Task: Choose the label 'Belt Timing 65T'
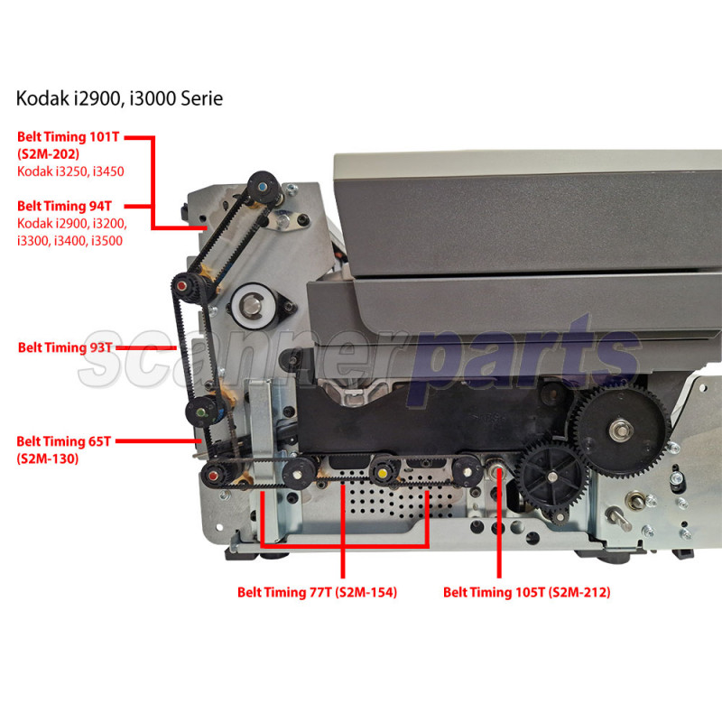(63, 441)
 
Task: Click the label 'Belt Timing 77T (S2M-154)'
(317, 593)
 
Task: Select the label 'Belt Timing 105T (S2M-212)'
(527, 593)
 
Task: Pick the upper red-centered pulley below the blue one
(187, 287)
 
